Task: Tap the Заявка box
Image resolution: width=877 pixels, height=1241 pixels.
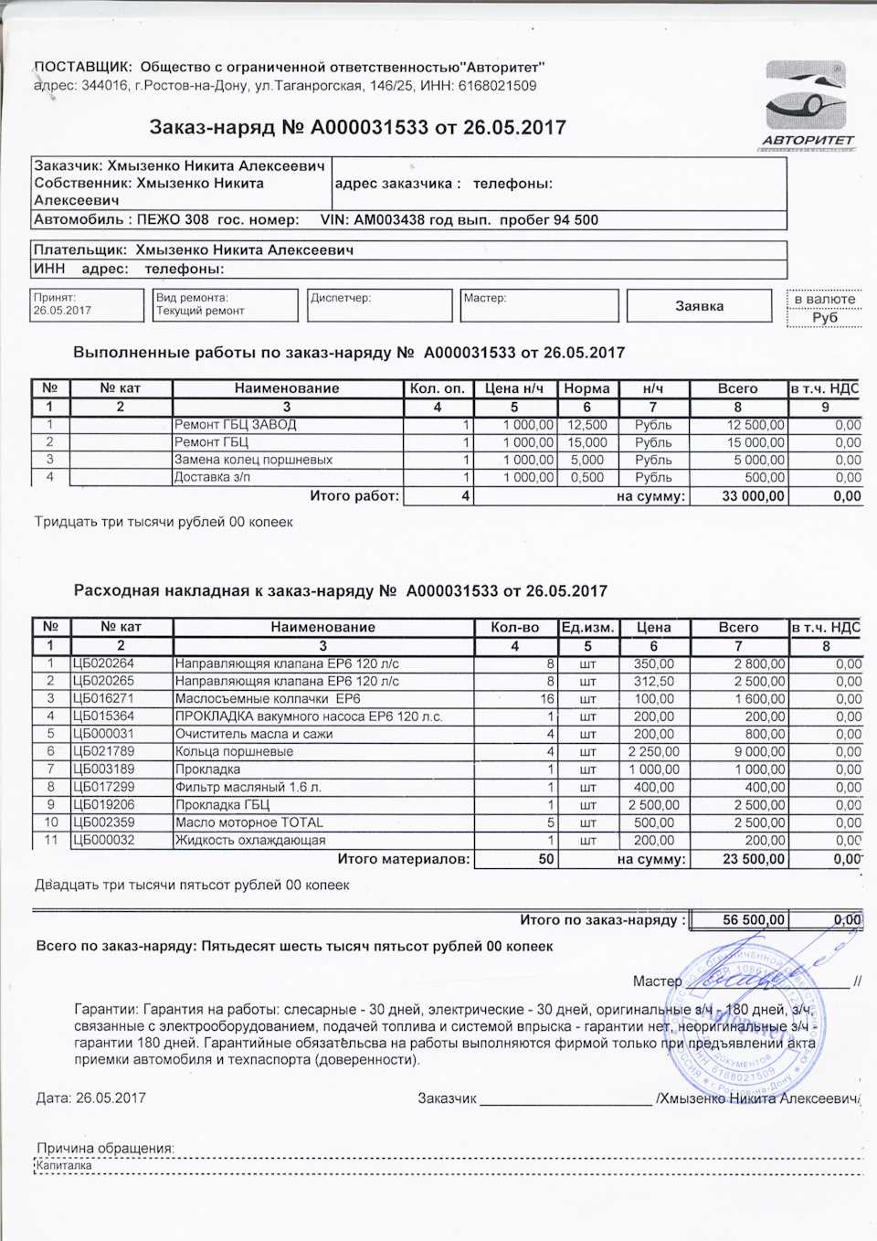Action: [699, 306]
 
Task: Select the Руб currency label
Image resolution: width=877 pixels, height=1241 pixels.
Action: [824, 317]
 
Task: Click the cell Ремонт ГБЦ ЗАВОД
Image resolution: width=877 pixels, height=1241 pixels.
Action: [236, 425]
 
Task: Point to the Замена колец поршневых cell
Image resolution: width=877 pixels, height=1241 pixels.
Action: [253, 460]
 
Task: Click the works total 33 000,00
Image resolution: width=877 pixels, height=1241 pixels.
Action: [754, 496]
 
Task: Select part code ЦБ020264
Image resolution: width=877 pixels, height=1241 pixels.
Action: [103, 663]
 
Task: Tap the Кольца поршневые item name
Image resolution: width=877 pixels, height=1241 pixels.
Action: [234, 751]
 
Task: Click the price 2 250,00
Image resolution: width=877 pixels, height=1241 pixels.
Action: [654, 751]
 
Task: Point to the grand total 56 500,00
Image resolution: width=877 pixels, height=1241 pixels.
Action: [754, 920]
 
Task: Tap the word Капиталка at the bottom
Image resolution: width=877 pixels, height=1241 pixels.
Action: [64, 1166]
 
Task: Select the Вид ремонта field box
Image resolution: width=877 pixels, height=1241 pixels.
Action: [226, 305]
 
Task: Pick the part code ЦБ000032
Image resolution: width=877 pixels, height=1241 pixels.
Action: [103, 840]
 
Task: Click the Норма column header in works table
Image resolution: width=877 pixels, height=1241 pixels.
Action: [586, 388]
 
